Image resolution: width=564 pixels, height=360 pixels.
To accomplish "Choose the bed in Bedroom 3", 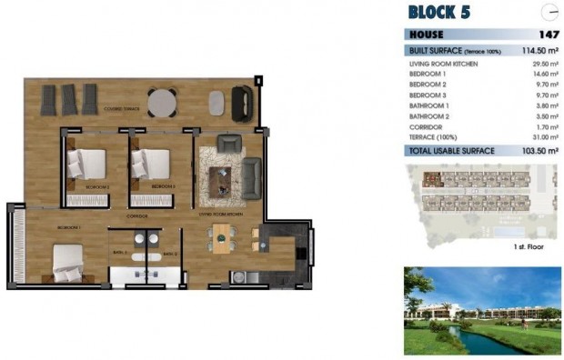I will pos(150,164).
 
